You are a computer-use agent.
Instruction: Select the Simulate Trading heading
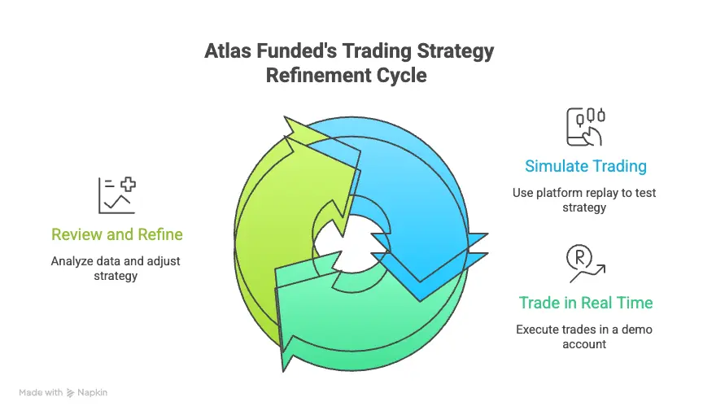[586, 166]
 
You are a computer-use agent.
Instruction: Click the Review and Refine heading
[117, 234]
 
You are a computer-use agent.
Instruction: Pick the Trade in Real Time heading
[586, 303]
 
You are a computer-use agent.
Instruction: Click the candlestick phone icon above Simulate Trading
[586, 126]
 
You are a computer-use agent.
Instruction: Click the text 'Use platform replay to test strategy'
[584, 200]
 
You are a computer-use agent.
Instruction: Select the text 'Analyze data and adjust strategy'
[116, 269]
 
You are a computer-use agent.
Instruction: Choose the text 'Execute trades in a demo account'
[584, 337]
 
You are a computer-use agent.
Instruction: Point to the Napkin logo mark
[71, 392]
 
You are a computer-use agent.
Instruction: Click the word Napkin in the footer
[93, 392]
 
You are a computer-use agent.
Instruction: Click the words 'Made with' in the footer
[41, 392]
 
